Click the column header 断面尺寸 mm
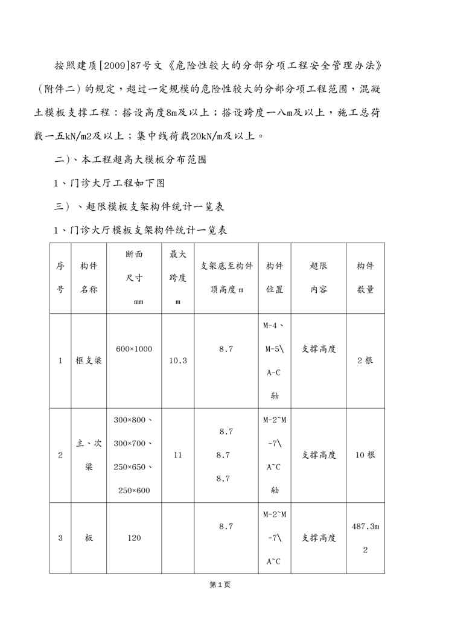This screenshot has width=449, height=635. (134, 278)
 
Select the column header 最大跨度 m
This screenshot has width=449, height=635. (177, 278)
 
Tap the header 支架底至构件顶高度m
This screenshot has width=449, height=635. (226, 278)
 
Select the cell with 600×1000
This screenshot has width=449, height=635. (134, 349)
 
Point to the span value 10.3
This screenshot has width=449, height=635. (177, 360)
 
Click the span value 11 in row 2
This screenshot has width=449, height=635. (177, 455)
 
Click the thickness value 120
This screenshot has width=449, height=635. (134, 538)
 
